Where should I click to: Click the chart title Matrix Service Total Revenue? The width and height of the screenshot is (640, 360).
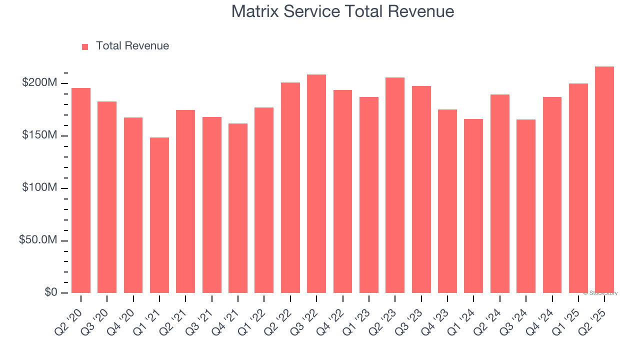[x=342, y=11]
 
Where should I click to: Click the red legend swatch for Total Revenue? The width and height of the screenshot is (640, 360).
[x=85, y=46]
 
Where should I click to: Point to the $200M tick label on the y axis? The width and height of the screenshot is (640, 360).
[x=39, y=83]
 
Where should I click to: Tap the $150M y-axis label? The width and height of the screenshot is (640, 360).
[x=39, y=135]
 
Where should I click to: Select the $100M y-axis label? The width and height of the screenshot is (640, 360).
[x=39, y=188]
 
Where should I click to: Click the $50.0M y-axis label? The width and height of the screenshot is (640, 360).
[x=38, y=240]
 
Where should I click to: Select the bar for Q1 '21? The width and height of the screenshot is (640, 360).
[x=159, y=215]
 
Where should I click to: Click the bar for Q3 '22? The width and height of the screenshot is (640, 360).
[x=316, y=183]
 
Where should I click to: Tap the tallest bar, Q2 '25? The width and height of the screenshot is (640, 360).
[x=604, y=180]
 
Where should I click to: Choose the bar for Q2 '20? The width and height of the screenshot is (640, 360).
[x=81, y=190]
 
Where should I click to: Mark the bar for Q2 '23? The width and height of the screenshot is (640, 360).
[x=395, y=185]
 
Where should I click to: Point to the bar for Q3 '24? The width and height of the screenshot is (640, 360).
[x=526, y=206]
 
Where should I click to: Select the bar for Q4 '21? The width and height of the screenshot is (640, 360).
[x=238, y=208]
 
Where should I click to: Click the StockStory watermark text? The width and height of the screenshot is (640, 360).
[x=600, y=293]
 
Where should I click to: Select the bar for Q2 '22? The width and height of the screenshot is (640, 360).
[x=290, y=187]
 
